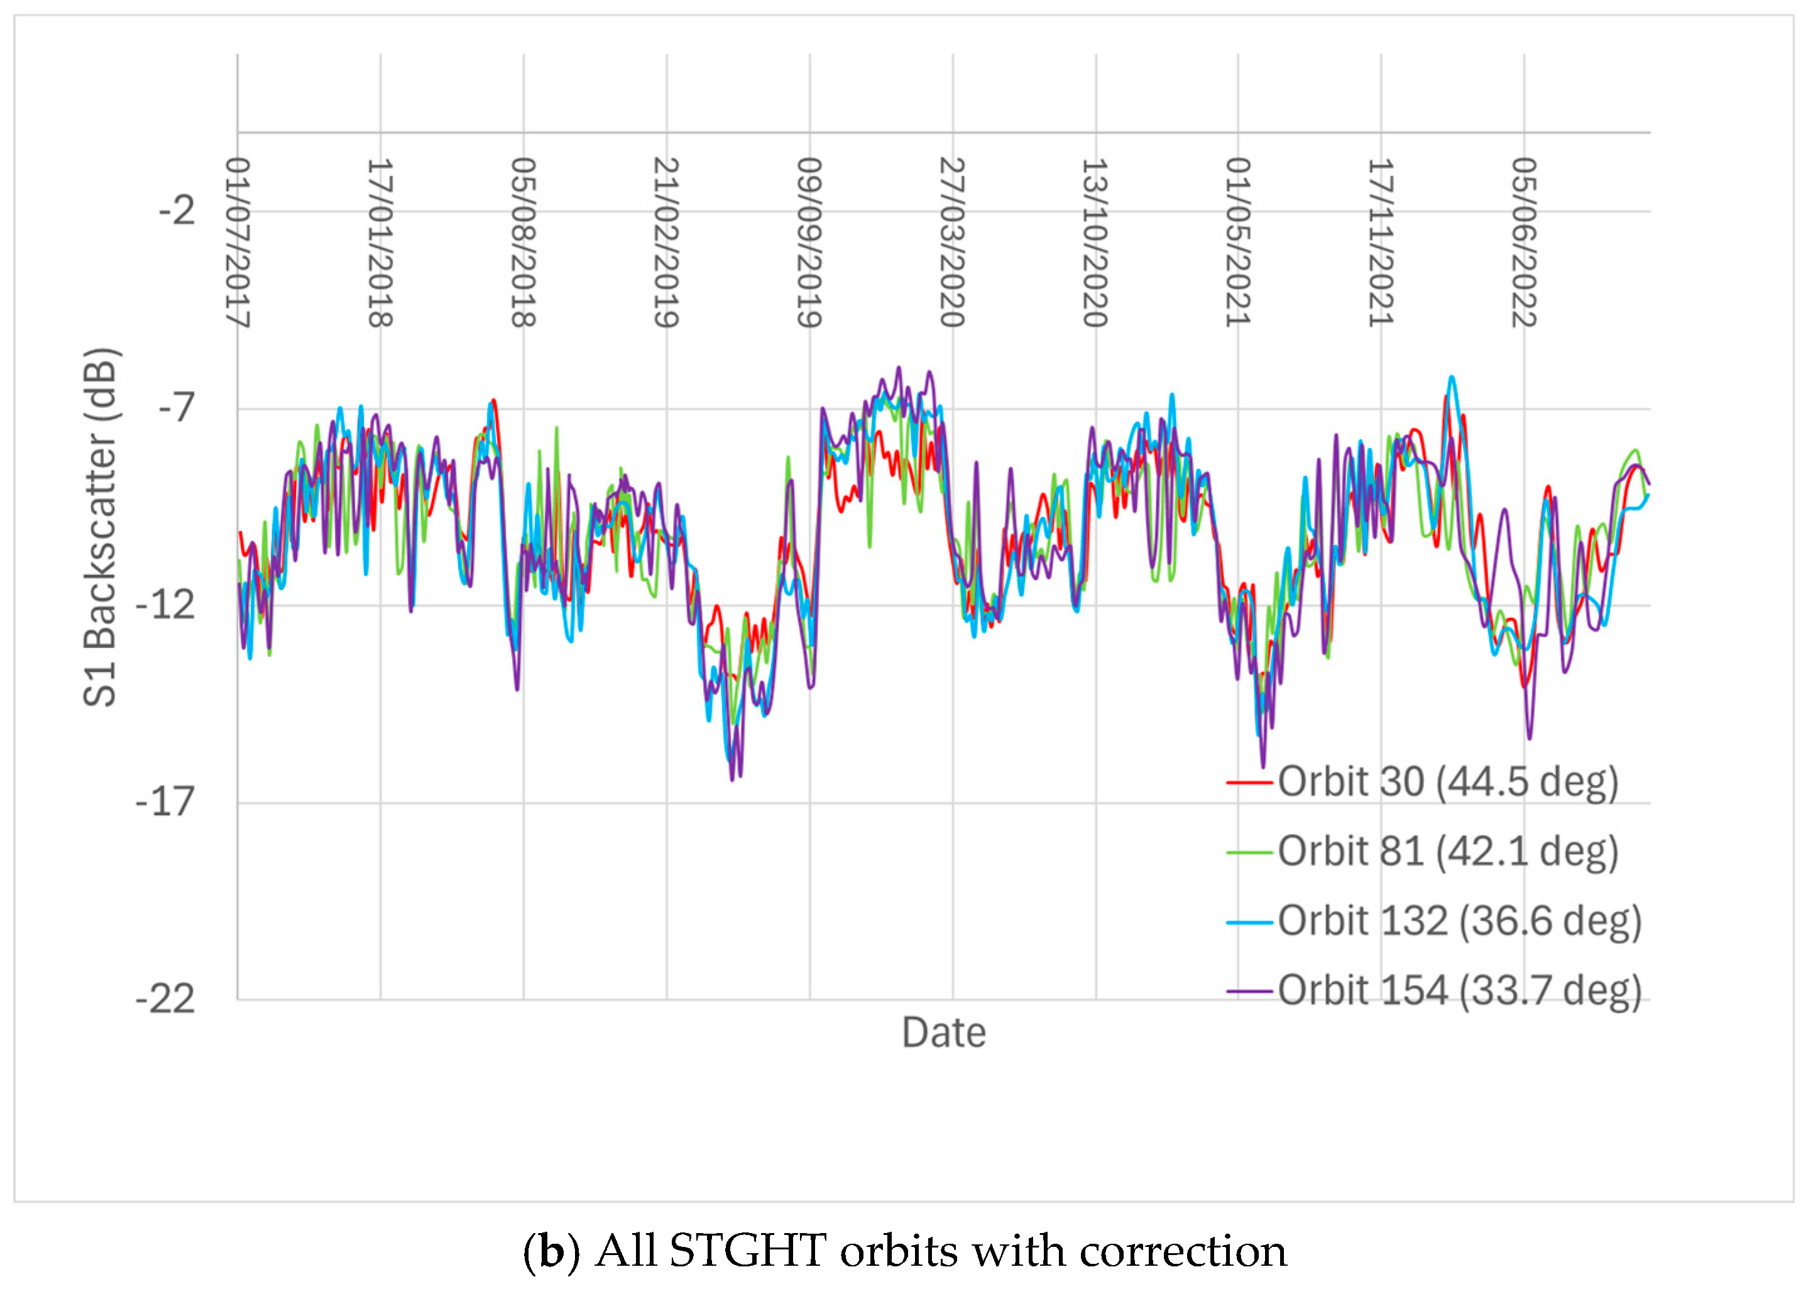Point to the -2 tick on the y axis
point(176,211)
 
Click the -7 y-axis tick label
point(176,409)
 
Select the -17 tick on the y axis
point(165,802)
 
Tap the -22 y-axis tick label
point(165,999)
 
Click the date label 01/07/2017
point(238,242)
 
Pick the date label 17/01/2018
point(380,242)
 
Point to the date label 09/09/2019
point(809,242)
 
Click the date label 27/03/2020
point(953,242)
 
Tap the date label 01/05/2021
point(1238,242)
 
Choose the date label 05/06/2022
point(1524,242)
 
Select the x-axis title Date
point(944,1033)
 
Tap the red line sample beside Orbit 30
point(1249,782)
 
